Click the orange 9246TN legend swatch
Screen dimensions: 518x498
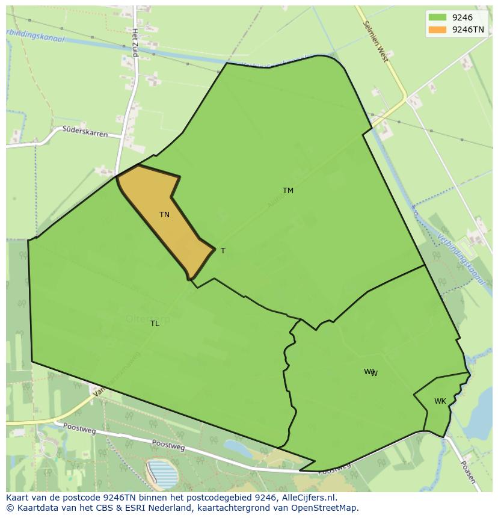(x=437, y=29)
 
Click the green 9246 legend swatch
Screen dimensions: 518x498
(x=437, y=18)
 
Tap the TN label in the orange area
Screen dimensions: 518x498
(x=164, y=215)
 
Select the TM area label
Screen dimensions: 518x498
(x=288, y=191)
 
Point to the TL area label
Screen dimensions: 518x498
(x=155, y=324)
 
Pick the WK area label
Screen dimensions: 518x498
(x=440, y=401)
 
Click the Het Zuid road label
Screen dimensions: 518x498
(x=135, y=43)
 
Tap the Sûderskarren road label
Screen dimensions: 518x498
(x=85, y=131)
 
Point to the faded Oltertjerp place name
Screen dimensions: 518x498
(x=148, y=319)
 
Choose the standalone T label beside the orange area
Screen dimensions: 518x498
(x=223, y=251)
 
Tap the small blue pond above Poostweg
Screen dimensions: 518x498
(x=238, y=448)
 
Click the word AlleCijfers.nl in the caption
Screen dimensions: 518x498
(x=309, y=498)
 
